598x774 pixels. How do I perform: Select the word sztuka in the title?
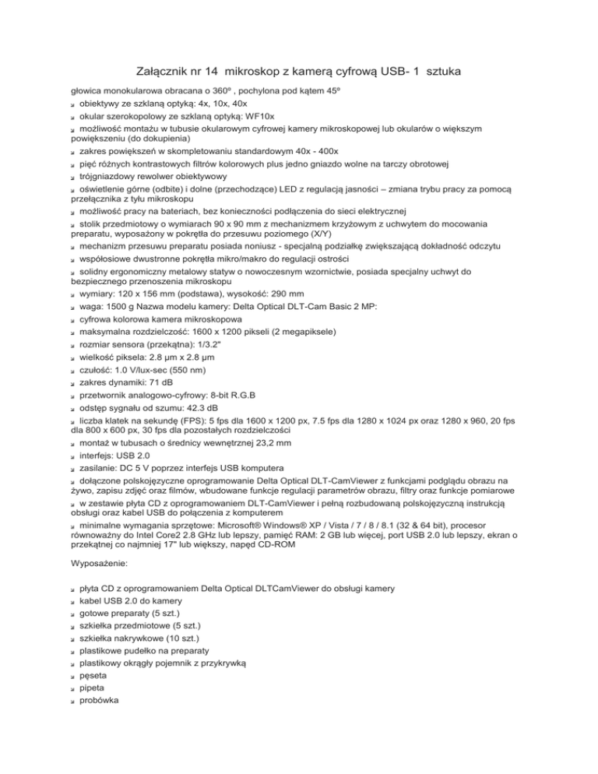(x=440, y=72)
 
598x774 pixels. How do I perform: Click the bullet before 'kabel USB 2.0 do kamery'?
(x=72, y=600)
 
